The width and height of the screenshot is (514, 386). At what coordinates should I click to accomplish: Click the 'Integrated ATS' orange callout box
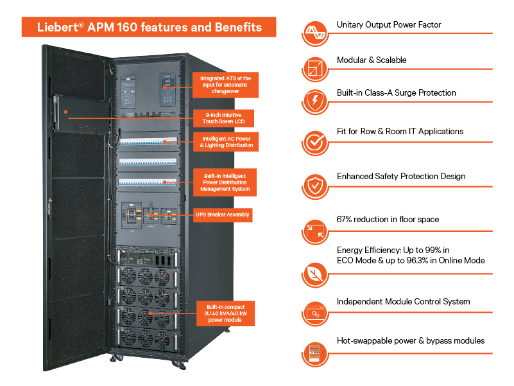click(225, 85)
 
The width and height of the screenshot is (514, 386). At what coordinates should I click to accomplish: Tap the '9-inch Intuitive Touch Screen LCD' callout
click(223, 118)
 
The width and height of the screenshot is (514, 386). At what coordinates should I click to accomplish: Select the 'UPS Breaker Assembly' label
click(223, 215)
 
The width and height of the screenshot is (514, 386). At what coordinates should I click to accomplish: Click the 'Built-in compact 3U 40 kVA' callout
click(225, 313)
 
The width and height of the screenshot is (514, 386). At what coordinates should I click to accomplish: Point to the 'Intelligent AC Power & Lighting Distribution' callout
click(226, 142)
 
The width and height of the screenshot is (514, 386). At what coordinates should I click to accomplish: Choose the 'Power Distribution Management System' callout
click(225, 182)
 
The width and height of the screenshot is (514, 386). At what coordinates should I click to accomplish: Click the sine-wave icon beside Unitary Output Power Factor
click(315, 33)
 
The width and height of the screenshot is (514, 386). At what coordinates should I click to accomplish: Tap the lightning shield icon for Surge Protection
click(315, 100)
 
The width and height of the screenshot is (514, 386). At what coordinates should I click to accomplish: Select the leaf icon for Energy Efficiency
click(315, 274)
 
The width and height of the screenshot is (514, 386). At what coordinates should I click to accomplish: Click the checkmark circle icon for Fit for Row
click(315, 142)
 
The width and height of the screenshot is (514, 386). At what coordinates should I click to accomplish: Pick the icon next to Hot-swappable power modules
click(315, 353)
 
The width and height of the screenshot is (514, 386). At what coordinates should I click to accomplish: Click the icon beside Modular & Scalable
click(315, 68)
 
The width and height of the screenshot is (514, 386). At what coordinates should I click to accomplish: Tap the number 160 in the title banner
click(127, 27)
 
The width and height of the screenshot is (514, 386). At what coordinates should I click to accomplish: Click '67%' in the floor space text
click(343, 219)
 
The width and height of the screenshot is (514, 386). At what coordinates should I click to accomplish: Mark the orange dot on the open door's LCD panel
click(66, 112)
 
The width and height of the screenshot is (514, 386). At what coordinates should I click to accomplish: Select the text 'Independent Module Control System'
click(403, 301)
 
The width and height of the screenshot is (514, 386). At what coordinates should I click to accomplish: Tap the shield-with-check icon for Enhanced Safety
click(315, 186)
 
